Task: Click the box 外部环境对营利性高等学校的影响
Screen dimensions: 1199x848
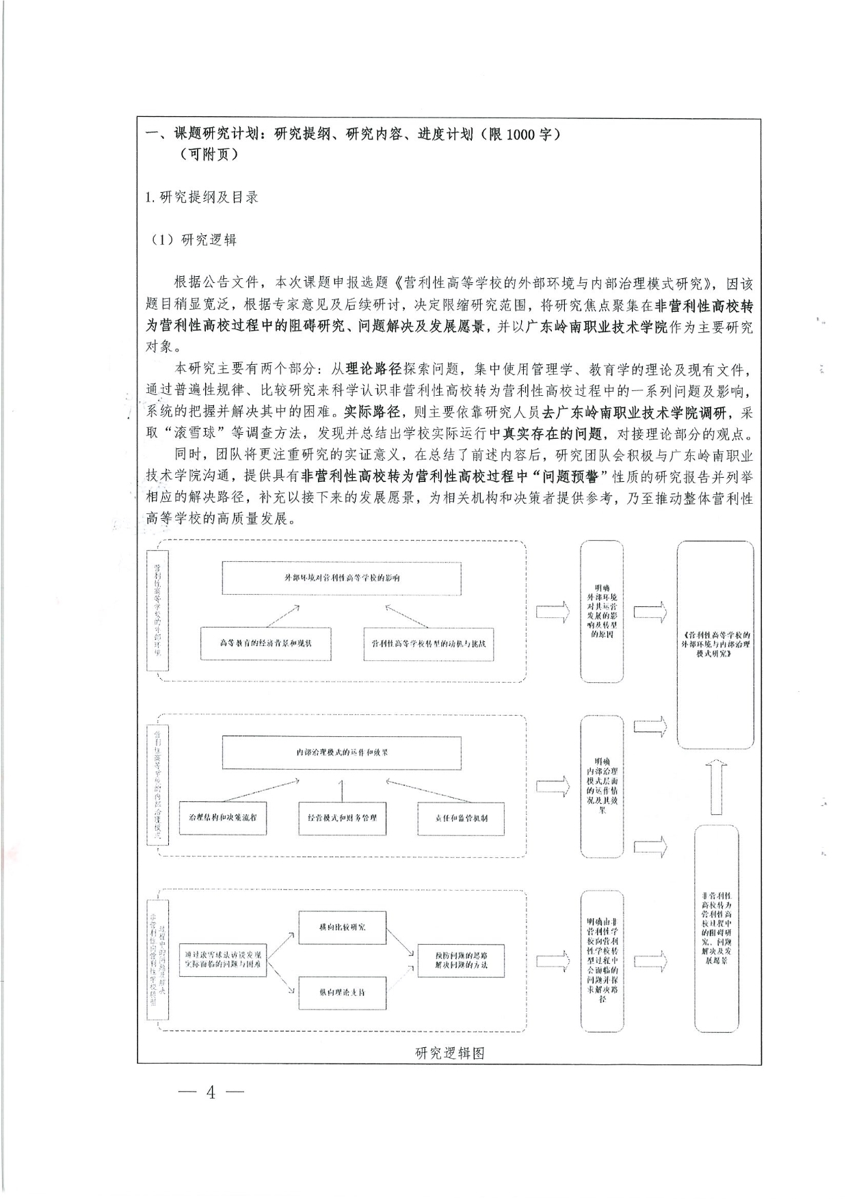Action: [342, 578]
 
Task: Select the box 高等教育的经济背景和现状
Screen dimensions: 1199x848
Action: [265, 643]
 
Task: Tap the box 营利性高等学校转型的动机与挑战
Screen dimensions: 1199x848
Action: [429, 643]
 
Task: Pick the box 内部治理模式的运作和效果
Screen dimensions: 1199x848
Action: [342, 752]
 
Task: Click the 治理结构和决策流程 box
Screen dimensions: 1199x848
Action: [222, 818]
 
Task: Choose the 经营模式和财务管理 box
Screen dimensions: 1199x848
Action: [342, 818]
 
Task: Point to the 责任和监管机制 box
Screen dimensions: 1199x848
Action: [462, 818]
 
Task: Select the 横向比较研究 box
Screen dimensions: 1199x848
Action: [342, 927]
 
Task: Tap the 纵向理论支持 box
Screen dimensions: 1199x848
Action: [342, 992]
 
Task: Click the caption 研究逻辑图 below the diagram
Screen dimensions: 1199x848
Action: [449, 1053]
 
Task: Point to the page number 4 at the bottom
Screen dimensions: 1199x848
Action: [211, 1093]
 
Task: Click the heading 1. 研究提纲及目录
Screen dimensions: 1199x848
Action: [202, 198]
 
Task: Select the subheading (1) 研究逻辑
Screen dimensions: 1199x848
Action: [194, 239]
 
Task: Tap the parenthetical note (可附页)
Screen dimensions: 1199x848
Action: [209, 154]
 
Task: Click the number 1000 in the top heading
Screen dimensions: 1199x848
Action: [522, 134]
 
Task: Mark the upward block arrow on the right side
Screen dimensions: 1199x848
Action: [715, 786]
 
